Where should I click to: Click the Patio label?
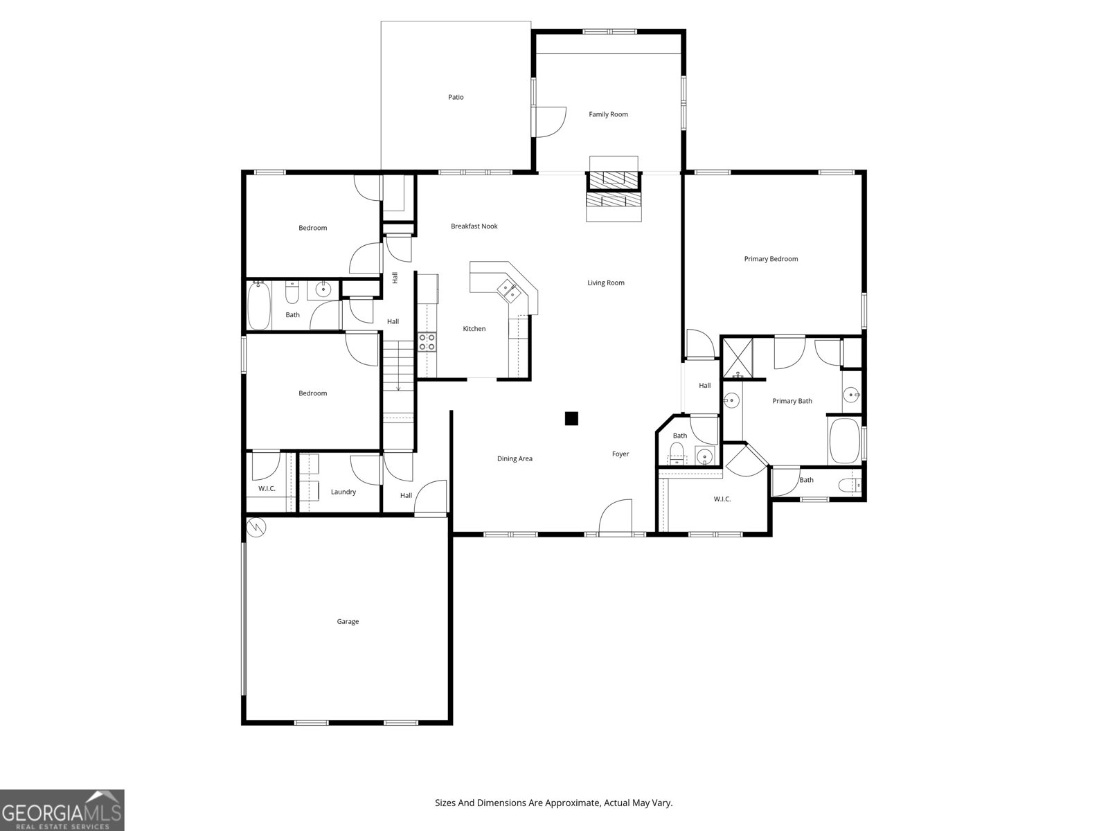click(456, 97)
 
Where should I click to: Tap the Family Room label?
click(608, 114)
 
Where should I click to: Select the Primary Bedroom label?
click(771, 259)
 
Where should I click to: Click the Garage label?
click(348, 621)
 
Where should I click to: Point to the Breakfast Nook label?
click(474, 226)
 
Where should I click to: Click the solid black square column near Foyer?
click(571, 418)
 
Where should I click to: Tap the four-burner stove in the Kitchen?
click(427, 341)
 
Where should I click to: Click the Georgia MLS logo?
click(62, 810)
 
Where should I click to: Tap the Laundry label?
click(343, 492)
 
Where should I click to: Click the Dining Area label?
click(515, 458)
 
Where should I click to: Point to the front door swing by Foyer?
click(616, 517)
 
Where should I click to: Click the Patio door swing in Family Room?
click(551, 122)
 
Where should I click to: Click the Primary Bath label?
click(792, 401)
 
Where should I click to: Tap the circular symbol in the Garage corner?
click(256, 528)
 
